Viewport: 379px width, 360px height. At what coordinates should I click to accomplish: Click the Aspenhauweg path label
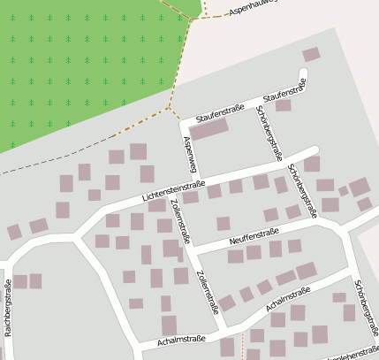253,8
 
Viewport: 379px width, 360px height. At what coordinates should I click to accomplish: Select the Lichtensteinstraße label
172,192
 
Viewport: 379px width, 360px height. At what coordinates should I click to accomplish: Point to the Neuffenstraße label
254,234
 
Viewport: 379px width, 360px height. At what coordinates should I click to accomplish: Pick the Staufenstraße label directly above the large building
219,113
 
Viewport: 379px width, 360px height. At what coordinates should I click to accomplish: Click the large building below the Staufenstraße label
209,129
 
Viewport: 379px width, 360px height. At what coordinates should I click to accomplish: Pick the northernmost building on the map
311,55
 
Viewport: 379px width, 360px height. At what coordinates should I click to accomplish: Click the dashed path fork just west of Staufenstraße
167,108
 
